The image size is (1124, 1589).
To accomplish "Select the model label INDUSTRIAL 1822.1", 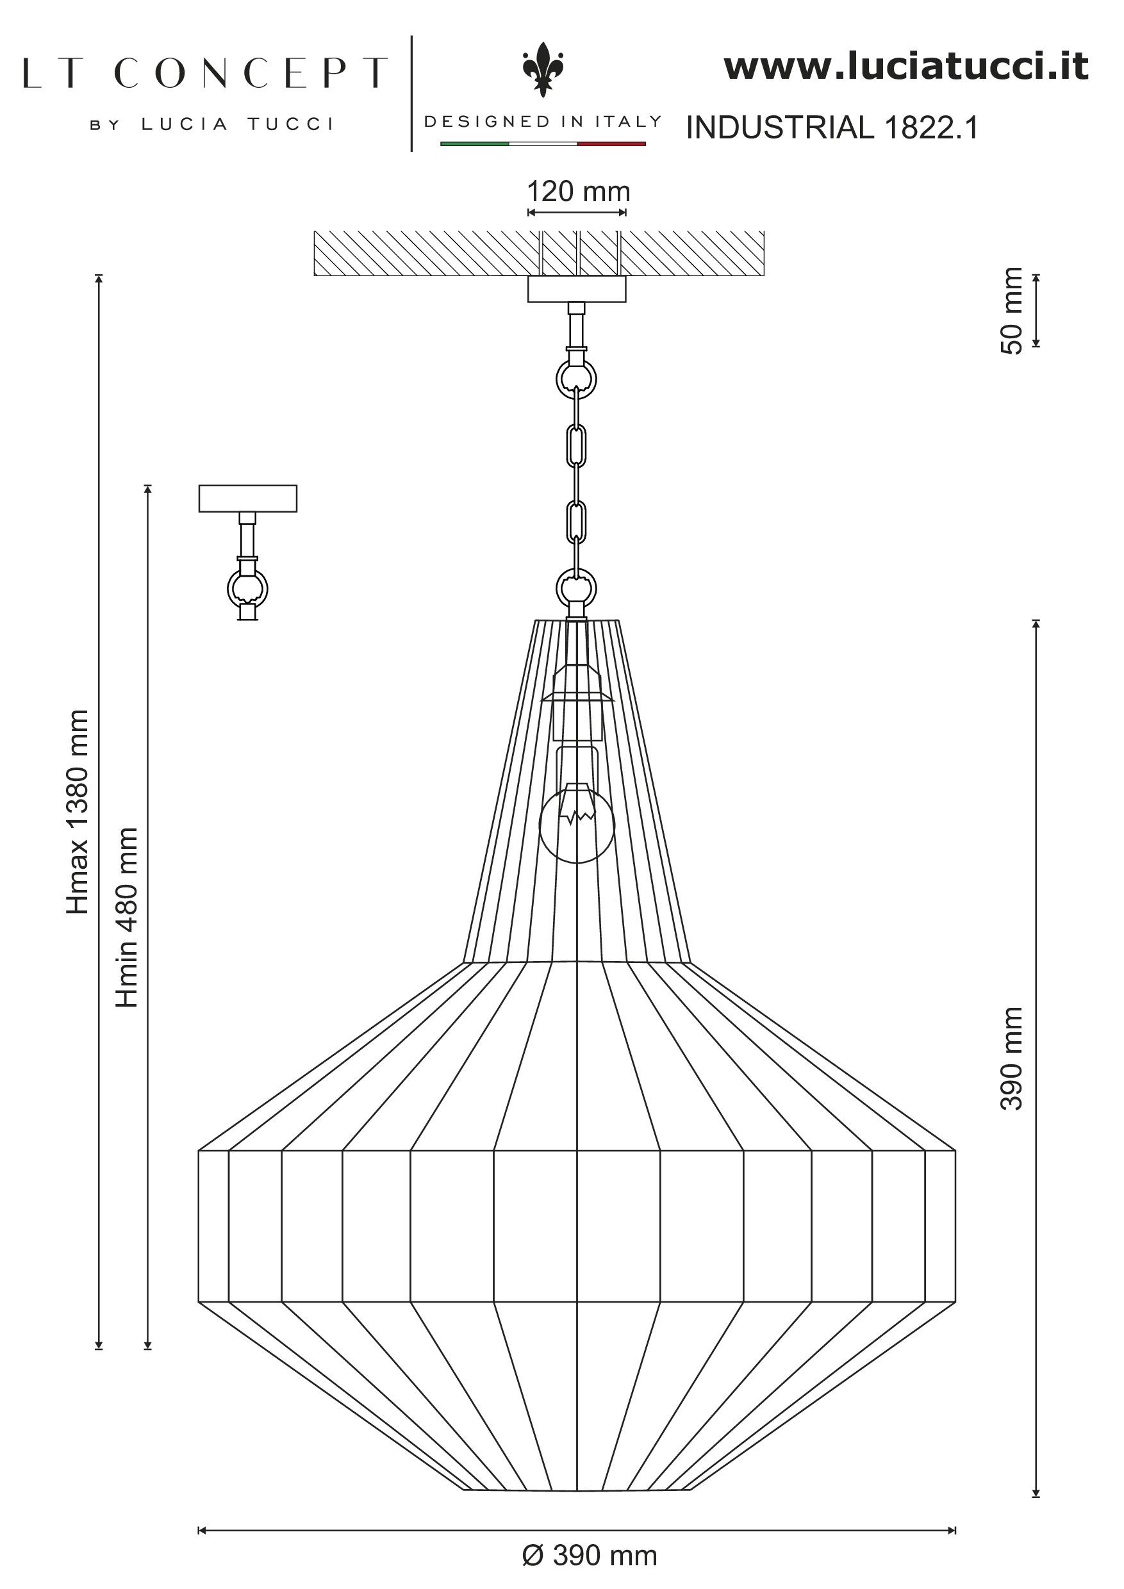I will click(x=832, y=128).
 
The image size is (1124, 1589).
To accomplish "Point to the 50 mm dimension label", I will click(x=1012, y=311).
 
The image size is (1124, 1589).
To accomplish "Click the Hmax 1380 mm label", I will click(x=78, y=812).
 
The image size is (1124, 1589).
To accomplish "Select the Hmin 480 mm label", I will click(x=128, y=917).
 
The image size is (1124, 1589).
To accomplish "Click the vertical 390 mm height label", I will click(x=1012, y=1058).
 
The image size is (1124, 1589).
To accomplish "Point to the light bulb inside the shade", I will click(x=576, y=823).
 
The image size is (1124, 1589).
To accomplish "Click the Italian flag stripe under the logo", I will click(x=543, y=144).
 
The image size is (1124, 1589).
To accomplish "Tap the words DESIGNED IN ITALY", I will click(x=543, y=122).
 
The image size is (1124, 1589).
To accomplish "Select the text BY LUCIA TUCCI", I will click(x=211, y=124).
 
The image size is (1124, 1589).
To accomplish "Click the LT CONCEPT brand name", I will click(x=205, y=73).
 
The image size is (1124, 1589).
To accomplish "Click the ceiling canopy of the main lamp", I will click(x=577, y=288).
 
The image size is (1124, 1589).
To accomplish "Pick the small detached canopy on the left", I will click(x=248, y=498).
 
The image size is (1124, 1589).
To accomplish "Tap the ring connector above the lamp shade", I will click(x=577, y=588).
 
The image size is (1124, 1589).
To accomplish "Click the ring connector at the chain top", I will click(x=577, y=378).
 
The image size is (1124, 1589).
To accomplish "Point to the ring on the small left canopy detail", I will click(x=248, y=589).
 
